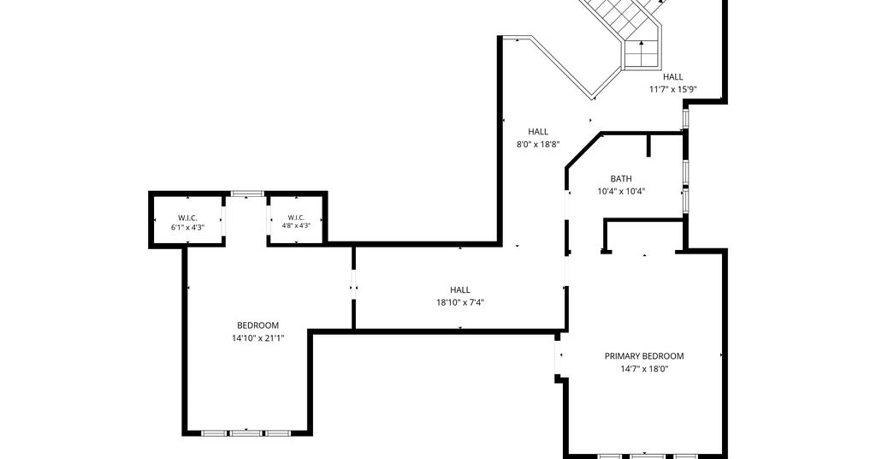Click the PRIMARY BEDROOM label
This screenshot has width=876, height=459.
(x=644, y=356)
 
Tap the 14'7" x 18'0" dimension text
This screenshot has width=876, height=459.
(x=644, y=369)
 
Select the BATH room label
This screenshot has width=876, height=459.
(x=621, y=179)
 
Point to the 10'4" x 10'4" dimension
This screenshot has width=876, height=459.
(x=621, y=191)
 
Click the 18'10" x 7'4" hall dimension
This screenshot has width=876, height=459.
(x=459, y=302)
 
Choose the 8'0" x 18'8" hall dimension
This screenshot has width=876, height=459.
(x=538, y=144)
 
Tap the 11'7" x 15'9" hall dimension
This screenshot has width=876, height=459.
(x=672, y=89)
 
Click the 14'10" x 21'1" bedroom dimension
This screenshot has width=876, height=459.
(x=258, y=337)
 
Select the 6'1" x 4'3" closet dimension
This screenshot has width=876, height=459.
(x=187, y=228)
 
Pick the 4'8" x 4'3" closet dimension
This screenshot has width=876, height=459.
(x=295, y=226)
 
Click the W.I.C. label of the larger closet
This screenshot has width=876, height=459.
(x=187, y=218)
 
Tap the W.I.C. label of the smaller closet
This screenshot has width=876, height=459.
(x=295, y=218)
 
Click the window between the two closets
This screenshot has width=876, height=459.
(x=247, y=194)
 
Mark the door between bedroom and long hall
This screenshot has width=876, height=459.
(x=353, y=288)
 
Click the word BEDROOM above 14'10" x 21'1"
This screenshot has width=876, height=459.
(x=258, y=325)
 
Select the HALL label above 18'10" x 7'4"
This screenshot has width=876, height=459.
(x=459, y=289)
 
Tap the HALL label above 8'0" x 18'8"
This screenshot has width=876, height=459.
(x=538, y=132)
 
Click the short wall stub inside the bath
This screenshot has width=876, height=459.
(x=648, y=145)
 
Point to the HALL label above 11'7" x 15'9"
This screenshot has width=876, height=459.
(x=672, y=77)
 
